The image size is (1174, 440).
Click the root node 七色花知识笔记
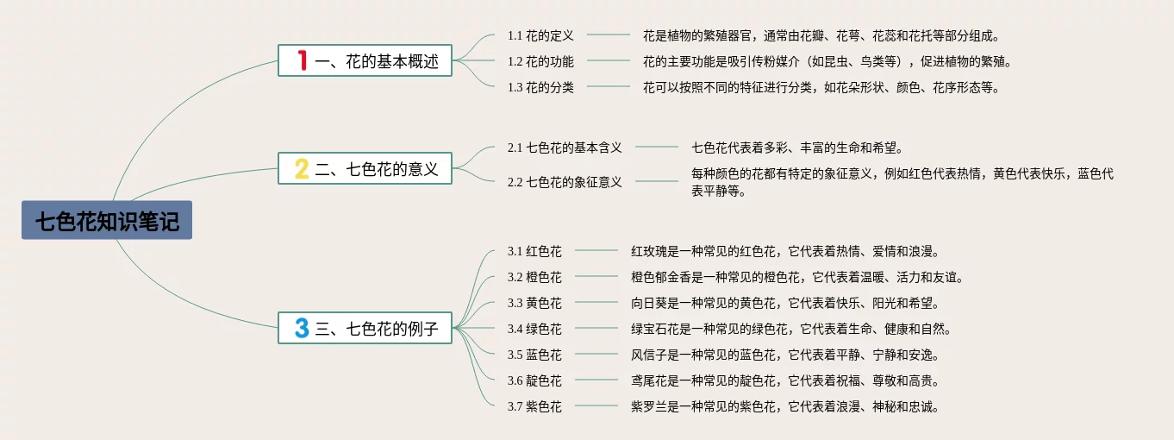click(107, 221)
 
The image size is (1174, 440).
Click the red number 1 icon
click(302, 60)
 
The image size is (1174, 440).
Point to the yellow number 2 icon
click(301, 169)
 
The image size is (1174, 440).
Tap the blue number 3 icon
click(301, 329)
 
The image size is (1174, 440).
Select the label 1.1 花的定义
click(540, 35)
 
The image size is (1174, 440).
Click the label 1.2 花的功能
click(540, 61)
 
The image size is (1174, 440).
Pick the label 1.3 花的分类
click(540, 87)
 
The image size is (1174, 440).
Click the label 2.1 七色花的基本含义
click(565, 148)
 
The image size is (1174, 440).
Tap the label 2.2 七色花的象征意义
click(565, 182)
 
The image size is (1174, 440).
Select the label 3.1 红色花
click(534, 251)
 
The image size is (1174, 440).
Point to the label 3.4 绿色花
click(534, 329)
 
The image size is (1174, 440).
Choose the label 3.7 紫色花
click(534, 406)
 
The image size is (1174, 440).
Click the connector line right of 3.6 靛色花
click(596, 380)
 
